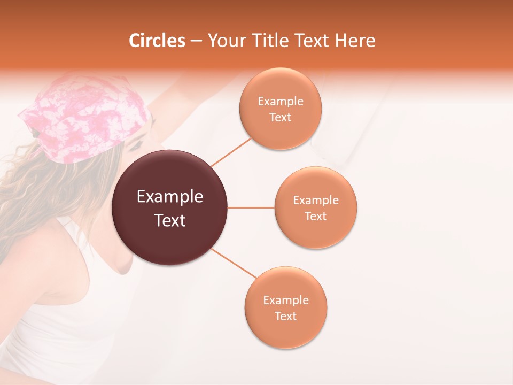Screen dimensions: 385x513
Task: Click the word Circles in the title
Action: (157, 41)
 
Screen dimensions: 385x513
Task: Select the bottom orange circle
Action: (286, 332)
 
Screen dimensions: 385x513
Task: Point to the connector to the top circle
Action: (231, 152)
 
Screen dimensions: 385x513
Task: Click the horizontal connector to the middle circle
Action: (251, 207)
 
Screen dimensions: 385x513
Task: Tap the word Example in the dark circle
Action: (170, 197)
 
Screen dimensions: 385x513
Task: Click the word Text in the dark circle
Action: (170, 220)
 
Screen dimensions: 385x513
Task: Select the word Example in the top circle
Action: (280, 102)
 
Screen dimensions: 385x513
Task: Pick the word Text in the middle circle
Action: (316, 216)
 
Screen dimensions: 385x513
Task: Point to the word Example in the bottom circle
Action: (286, 301)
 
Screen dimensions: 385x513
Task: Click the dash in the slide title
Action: (196, 41)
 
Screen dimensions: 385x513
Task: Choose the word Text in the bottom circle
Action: (286, 316)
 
